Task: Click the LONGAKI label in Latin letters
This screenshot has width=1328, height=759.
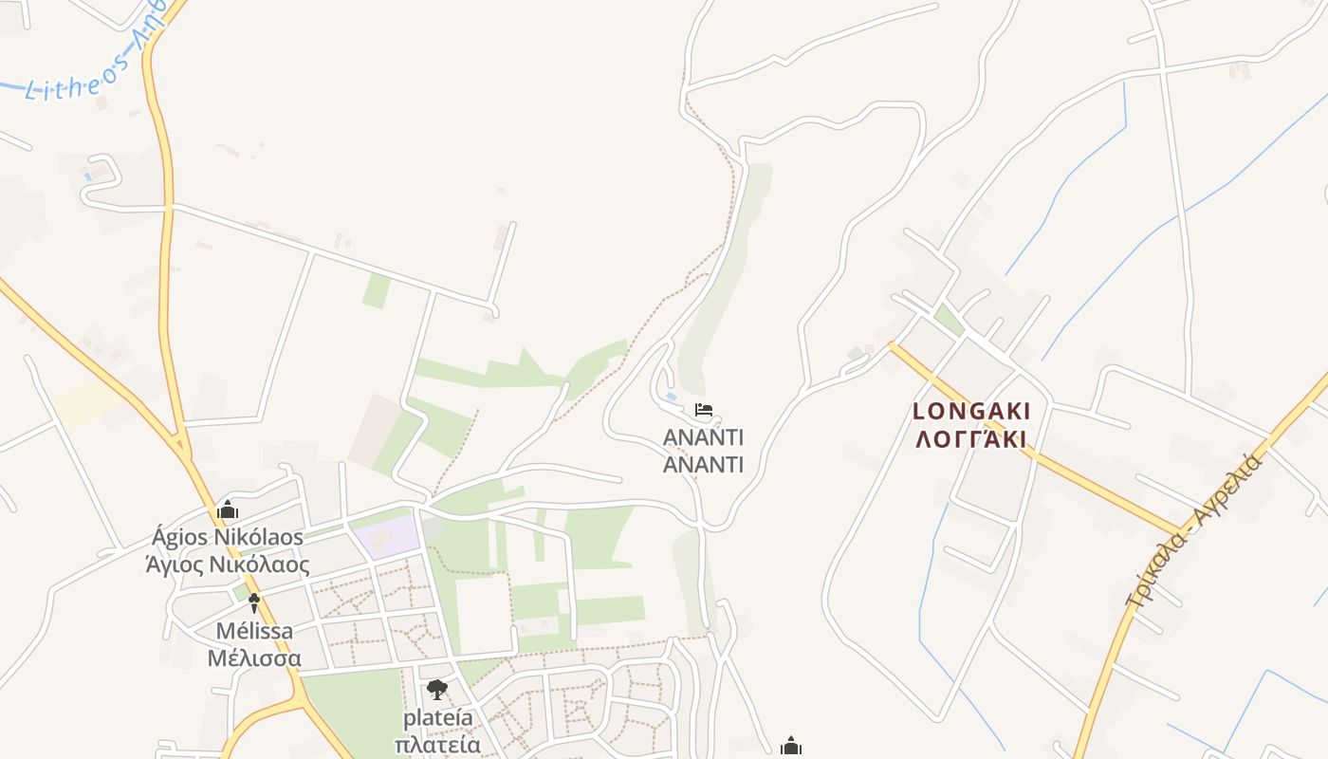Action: point(970,412)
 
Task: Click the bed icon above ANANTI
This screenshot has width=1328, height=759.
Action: point(703,410)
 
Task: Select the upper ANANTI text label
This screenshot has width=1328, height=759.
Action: point(703,437)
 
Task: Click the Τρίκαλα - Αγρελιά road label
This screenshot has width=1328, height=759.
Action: point(1194,530)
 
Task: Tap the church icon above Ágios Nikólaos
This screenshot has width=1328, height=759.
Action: point(228,510)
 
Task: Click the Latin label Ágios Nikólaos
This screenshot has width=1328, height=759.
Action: point(228,538)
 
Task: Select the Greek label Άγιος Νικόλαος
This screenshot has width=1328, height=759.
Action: point(228,565)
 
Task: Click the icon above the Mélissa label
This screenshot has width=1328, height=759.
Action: point(253,602)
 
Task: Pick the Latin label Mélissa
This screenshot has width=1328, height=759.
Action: point(254,631)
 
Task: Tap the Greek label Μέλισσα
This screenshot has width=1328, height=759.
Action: point(254,658)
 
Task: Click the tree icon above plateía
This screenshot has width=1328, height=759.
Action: point(436,690)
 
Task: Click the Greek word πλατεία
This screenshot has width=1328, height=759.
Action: point(436,744)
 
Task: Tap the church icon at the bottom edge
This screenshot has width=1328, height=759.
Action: point(790,747)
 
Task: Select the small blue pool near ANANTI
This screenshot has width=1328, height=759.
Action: point(672,396)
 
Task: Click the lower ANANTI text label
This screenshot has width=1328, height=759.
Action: point(703,465)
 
